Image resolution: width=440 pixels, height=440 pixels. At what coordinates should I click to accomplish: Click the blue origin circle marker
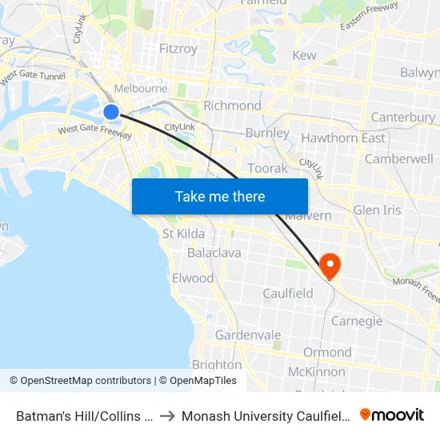(x=111, y=112)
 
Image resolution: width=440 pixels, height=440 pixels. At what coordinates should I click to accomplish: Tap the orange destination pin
(x=329, y=265)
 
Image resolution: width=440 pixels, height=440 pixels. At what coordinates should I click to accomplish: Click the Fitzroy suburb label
(x=178, y=49)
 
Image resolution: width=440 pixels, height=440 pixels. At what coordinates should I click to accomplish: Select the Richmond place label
(x=232, y=106)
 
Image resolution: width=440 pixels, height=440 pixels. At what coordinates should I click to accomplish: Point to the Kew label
(x=304, y=55)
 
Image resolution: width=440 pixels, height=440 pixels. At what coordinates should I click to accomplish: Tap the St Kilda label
(x=183, y=234)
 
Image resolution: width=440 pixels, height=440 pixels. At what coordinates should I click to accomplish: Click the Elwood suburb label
(x=193, y=278)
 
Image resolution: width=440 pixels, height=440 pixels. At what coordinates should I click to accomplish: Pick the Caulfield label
(x=288, y=294)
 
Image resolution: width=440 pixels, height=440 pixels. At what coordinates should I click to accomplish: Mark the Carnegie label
(x=357, y=321)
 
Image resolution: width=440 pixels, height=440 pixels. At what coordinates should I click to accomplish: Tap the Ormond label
(x=327, y=352)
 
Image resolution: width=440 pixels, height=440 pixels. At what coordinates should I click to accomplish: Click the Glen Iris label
(x=377, y=210)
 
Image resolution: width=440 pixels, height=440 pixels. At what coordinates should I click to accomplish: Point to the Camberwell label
(x=398, y=158)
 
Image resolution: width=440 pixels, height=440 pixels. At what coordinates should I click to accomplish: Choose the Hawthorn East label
(x=342, y=138)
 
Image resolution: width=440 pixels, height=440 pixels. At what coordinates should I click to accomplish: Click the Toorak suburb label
(x=267, y=168)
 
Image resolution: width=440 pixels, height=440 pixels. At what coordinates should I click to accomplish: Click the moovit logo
(x=391, y=415)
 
